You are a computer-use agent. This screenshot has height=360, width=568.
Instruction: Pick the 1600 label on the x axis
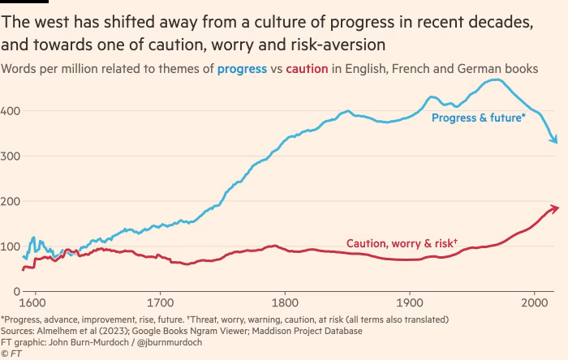pos(35,303)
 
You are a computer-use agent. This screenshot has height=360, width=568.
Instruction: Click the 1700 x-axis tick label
pos(160,303)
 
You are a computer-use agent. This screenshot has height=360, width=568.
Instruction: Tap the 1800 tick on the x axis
pos(285,303)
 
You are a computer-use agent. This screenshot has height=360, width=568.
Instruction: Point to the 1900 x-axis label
pos(410,303)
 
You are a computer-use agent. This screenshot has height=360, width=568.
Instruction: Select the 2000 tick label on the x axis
pos(534,303)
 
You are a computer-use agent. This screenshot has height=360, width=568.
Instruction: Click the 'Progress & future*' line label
pos(478,118)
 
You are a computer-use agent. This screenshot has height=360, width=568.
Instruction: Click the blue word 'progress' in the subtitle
pos(242,69)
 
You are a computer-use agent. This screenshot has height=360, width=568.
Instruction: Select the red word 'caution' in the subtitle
pos(308,69)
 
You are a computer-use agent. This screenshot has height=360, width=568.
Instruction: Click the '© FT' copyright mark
pos(11,354)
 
